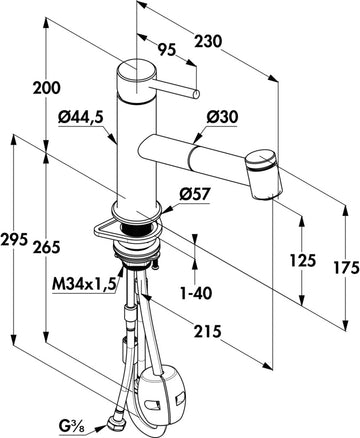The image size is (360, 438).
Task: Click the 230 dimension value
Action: tap(208, 42)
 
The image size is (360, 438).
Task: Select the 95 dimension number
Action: tap(166, 50)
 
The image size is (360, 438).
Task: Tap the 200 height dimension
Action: tap(47, 88)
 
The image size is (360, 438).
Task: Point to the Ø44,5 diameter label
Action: tap(81, 118)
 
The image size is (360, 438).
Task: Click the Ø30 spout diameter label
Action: tap(222, 117)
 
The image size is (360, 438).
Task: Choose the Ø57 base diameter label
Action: tap(195, 194)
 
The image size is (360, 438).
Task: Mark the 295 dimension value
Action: tap(14, 239)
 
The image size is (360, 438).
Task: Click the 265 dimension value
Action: tap(47, 247)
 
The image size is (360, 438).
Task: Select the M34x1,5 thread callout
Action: tap(84, 284)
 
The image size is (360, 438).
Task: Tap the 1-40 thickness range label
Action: tap(196, 293)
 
